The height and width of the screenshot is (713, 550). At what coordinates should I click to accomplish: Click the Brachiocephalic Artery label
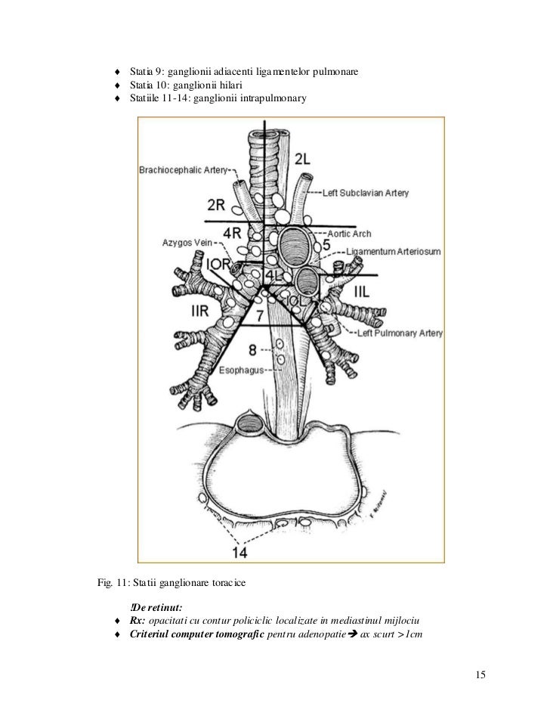point(183,170)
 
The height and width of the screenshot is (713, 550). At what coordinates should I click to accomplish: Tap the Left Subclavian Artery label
point(366,193)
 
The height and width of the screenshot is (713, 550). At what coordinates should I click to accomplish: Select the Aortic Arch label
point(350,234)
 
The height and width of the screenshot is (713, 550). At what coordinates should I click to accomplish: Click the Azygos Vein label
point(188,242)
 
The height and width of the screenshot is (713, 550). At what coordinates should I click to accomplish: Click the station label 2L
point(302,160)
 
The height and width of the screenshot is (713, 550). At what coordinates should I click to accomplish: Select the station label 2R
point(216,205)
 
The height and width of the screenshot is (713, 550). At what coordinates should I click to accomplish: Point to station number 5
point(326,245)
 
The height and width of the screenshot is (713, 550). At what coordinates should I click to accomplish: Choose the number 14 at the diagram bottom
point(239,553)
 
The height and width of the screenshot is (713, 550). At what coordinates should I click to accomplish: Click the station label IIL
point(360,290)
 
